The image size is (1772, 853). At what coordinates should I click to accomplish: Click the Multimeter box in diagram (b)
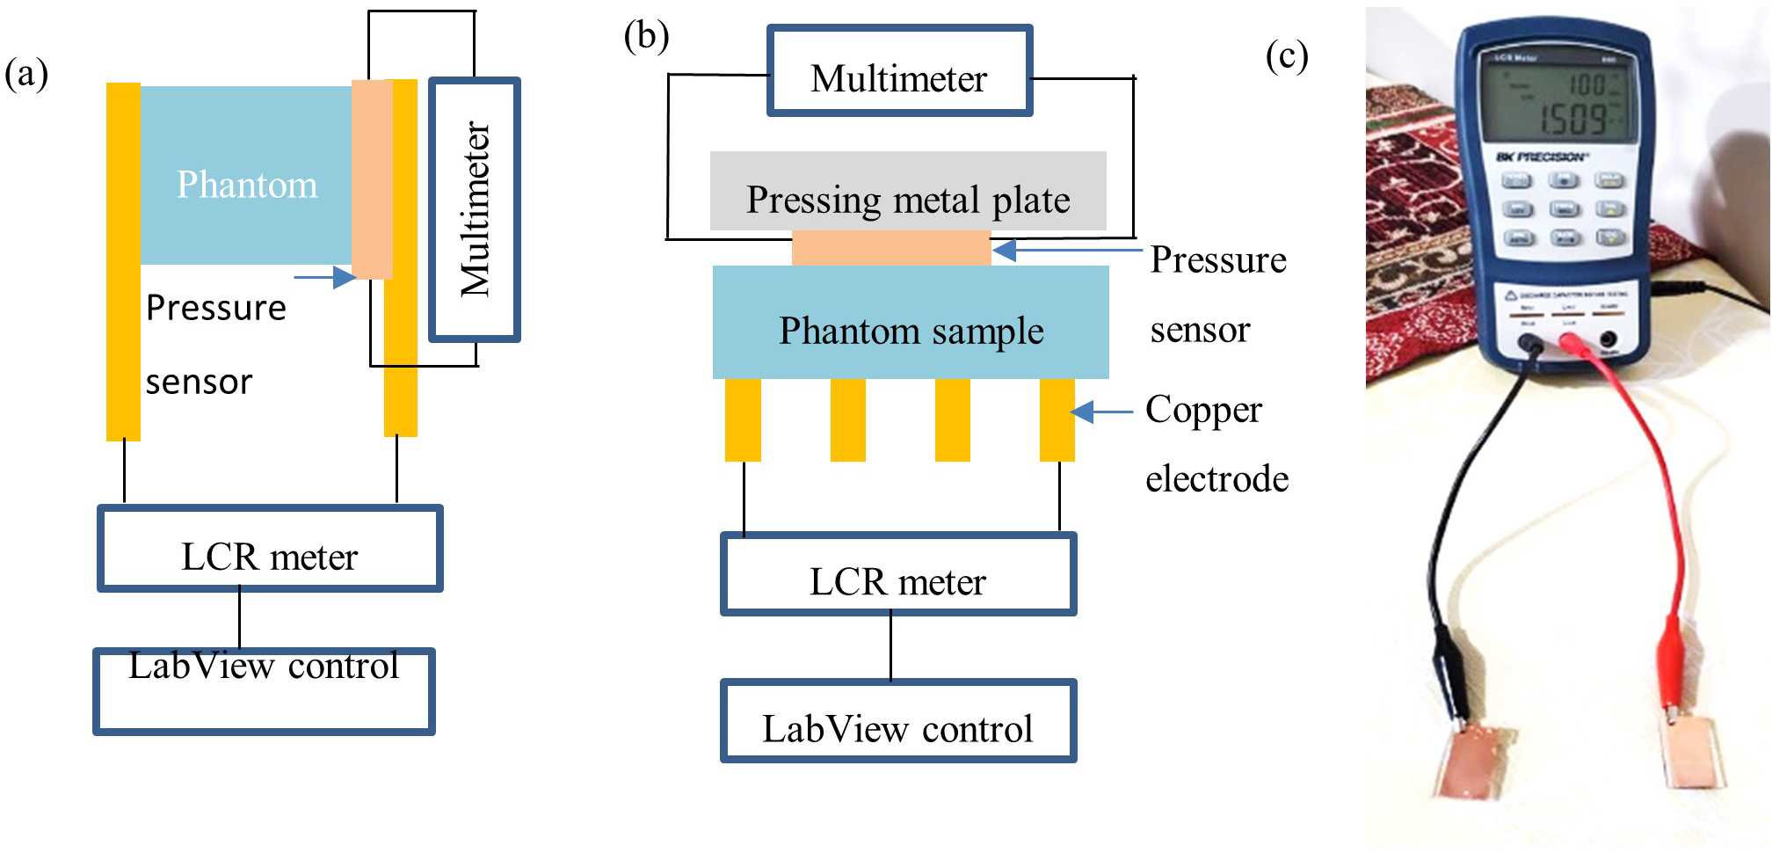pos(899,71)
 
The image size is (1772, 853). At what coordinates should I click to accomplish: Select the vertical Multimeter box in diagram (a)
pos(475,209)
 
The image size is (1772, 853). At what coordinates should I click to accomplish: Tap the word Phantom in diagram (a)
pos(247,185)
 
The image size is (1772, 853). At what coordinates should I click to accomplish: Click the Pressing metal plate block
pos(908,192)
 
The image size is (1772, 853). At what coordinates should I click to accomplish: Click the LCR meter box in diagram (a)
pos(270,548)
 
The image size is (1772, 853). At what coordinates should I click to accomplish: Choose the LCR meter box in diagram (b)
pos(898,573)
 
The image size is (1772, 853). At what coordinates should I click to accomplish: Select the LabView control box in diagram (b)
pos(898,721)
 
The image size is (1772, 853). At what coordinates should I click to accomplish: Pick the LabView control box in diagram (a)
pos(264,691)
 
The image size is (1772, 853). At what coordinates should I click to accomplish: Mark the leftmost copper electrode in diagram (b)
pos(743,419)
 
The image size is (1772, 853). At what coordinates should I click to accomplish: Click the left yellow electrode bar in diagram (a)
pos(123,261)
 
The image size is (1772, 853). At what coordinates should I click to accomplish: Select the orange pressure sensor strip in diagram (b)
pos(890,248)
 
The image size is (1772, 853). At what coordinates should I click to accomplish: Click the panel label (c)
pos(1286,55)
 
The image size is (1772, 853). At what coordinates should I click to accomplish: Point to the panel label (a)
pos(26,73)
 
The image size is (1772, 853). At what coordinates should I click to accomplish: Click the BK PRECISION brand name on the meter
pos(1542,157)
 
